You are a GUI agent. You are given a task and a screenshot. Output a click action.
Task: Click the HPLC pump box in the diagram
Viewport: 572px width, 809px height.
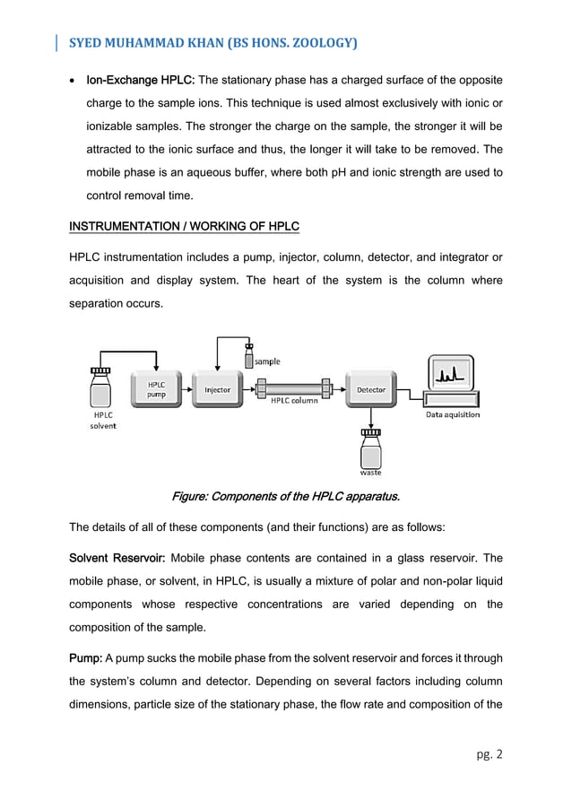[156, 389]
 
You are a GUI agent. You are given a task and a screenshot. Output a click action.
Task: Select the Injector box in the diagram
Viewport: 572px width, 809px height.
[217, 390]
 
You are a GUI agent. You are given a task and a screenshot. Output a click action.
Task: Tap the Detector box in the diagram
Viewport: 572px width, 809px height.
[371, 390]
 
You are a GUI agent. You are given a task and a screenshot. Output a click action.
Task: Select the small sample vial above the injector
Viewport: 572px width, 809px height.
[249, 357]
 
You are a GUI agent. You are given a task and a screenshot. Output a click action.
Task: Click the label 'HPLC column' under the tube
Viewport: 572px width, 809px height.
[294, 401]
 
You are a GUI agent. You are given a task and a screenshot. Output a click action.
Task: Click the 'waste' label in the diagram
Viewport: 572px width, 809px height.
[371, 472]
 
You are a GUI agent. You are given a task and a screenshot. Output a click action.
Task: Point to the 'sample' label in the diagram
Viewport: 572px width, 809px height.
[267, 361]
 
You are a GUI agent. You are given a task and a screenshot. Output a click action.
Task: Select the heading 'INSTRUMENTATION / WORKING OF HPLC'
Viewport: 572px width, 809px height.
[184, 226]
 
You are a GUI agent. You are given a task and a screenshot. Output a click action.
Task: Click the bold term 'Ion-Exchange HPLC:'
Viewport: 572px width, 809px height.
[139, 80]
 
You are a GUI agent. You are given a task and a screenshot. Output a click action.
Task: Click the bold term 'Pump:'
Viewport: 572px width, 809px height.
[86, 659]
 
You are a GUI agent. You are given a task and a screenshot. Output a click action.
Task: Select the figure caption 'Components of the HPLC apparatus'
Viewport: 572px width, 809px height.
[285, 496]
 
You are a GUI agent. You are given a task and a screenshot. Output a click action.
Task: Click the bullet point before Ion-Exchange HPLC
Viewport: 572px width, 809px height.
[73, 81]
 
